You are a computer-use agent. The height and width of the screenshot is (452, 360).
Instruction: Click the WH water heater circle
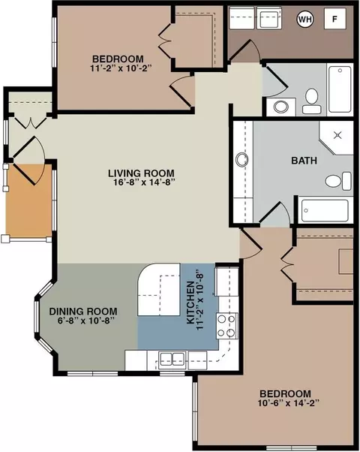click(305, 20)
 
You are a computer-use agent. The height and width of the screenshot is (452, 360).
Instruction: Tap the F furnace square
click(335, 19)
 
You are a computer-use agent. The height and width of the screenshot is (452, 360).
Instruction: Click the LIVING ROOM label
click(141, 173)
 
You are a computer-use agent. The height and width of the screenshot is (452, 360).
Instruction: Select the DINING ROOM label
click(83, 312)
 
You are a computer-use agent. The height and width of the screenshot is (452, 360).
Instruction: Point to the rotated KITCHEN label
click(190, 303)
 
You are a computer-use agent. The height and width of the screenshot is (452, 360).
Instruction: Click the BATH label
click(304, 160)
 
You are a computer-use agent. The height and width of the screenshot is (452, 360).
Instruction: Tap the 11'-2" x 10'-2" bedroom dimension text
click(121, 68)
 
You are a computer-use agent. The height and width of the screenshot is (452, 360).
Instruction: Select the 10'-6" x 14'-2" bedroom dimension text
click(289, 402)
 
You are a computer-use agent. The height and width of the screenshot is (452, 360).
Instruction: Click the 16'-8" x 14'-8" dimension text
click(145, 182)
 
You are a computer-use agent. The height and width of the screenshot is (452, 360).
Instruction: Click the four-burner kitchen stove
click(227, 326)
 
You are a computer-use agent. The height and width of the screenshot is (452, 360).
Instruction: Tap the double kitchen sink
click(172, 359)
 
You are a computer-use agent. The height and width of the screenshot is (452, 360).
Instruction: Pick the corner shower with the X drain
click(336, 138)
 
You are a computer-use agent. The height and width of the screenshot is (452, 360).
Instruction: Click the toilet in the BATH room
click(339, 181)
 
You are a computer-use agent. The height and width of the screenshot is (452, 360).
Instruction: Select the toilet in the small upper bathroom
click(311, 101)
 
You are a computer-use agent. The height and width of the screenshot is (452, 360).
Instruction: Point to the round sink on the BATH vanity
click(242, 159)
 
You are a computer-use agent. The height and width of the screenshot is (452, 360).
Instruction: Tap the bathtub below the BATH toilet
click(325, 210)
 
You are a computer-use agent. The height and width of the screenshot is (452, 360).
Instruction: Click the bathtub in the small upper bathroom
click(340, 89)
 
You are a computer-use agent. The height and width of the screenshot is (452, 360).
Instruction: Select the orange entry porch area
click(28, 200)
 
